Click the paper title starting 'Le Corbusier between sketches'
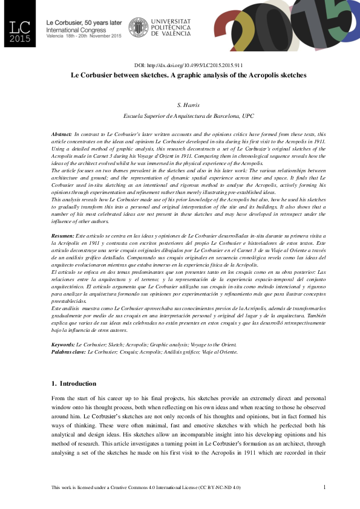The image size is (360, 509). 189,76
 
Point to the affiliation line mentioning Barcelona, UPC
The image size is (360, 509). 189,115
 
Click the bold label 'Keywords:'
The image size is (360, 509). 63,344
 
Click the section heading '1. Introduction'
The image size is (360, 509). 74,383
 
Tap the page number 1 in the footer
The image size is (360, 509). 325,487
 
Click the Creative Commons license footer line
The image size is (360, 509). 146,487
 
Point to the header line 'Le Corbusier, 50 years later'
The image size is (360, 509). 80,22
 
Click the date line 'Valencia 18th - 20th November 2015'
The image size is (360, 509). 84,36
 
